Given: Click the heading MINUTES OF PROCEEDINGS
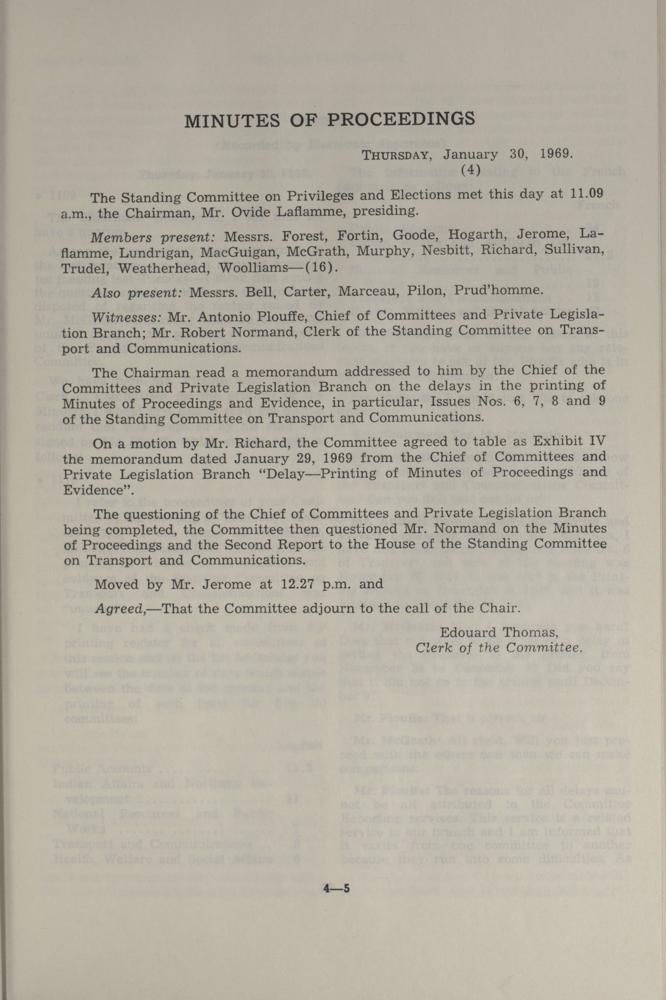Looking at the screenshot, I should tap(330, 120).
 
